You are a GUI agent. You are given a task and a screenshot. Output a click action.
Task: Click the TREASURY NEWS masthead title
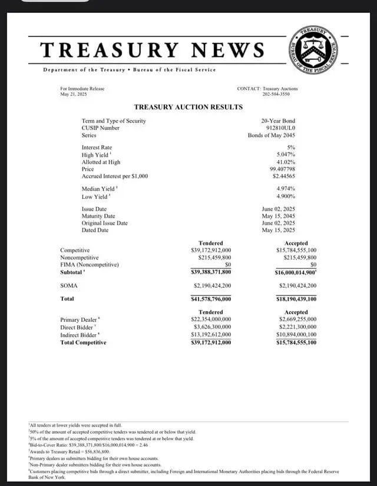click(153, 49)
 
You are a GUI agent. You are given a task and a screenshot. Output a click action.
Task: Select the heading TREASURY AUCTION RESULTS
click(188, 107)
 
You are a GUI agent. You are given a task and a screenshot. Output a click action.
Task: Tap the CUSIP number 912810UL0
click(281, 128)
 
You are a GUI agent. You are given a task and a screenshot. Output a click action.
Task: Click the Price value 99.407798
click(282, 169)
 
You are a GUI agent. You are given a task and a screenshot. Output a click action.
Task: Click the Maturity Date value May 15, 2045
click(278, 216)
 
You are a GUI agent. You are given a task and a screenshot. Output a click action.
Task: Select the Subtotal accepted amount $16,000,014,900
click(296, 272)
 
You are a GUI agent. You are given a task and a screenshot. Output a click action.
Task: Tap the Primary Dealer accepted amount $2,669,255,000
click(297, 319)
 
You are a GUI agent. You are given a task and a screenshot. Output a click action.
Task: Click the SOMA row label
click(69, 285)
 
